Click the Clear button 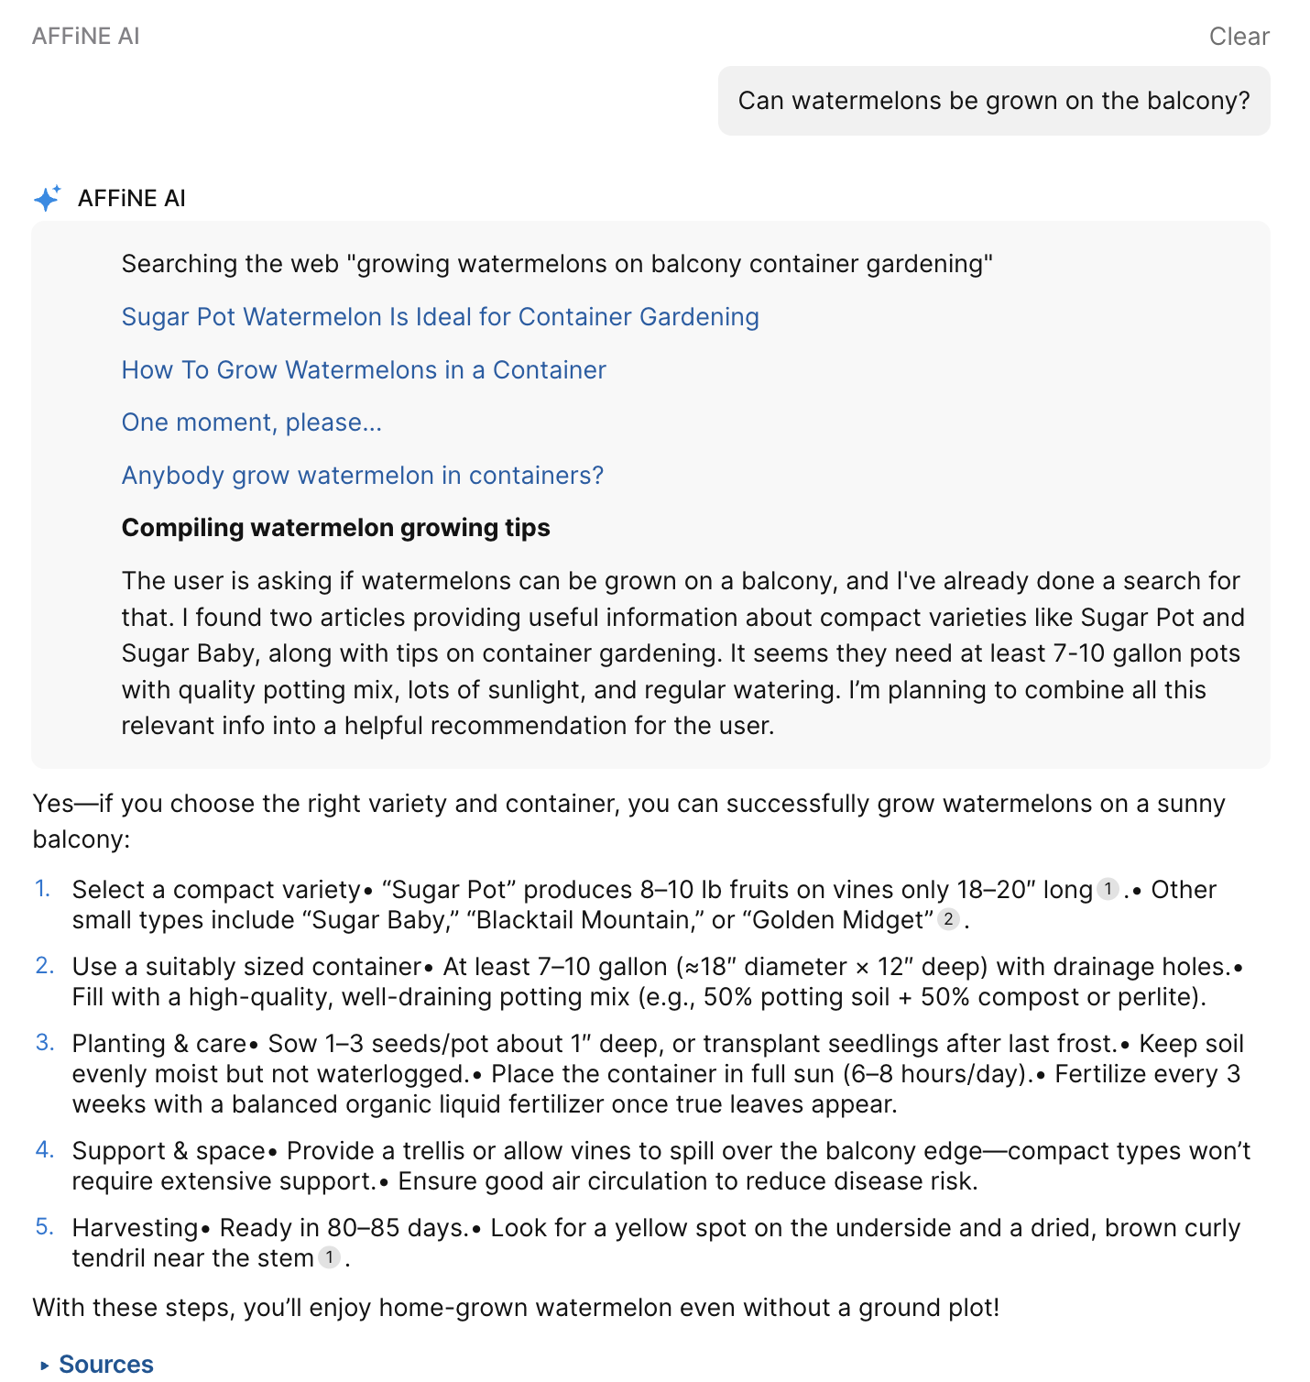point(1239,37)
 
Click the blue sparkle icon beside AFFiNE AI point(47,198)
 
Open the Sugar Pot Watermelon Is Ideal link point(440,317)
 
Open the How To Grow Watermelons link point(364,370)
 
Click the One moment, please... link point(251,422)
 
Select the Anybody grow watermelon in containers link point(362,476)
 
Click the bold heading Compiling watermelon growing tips point(335,528)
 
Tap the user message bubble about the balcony point(993,101)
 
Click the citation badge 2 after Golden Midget point(948,919)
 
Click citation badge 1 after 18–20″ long point(1108,889)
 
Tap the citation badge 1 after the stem point(329,1257)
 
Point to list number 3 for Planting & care point(44,1043)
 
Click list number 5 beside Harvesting point(44,1227)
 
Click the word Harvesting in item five point(135,1228)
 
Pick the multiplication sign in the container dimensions point(862,968)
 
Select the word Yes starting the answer point(53,804)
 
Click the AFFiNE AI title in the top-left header point(86,37)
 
